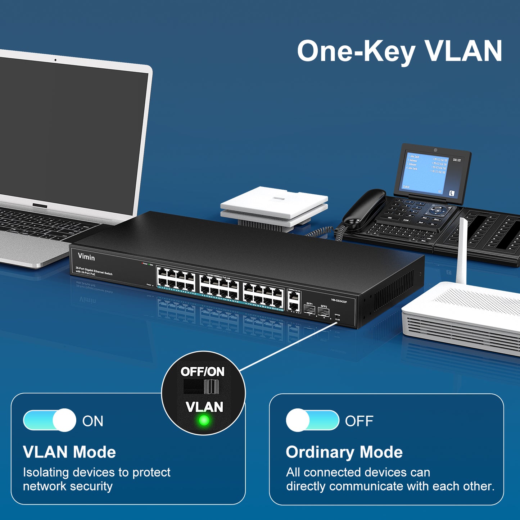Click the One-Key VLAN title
tap(399, 51)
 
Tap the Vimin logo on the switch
tap(86, 257)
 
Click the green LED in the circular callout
tap(204, 420)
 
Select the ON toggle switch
tap(50, 420)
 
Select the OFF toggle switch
tap(312, 420)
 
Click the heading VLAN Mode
tap(69, 452)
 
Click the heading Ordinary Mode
tap(344, 452)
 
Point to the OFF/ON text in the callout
tap(203, 371)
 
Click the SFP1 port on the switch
tap(309, 310)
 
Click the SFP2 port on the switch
tap(324, 312)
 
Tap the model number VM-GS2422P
tap(339, 301)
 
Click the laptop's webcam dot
tap(55, 60)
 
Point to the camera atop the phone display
tap(435, 150)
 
